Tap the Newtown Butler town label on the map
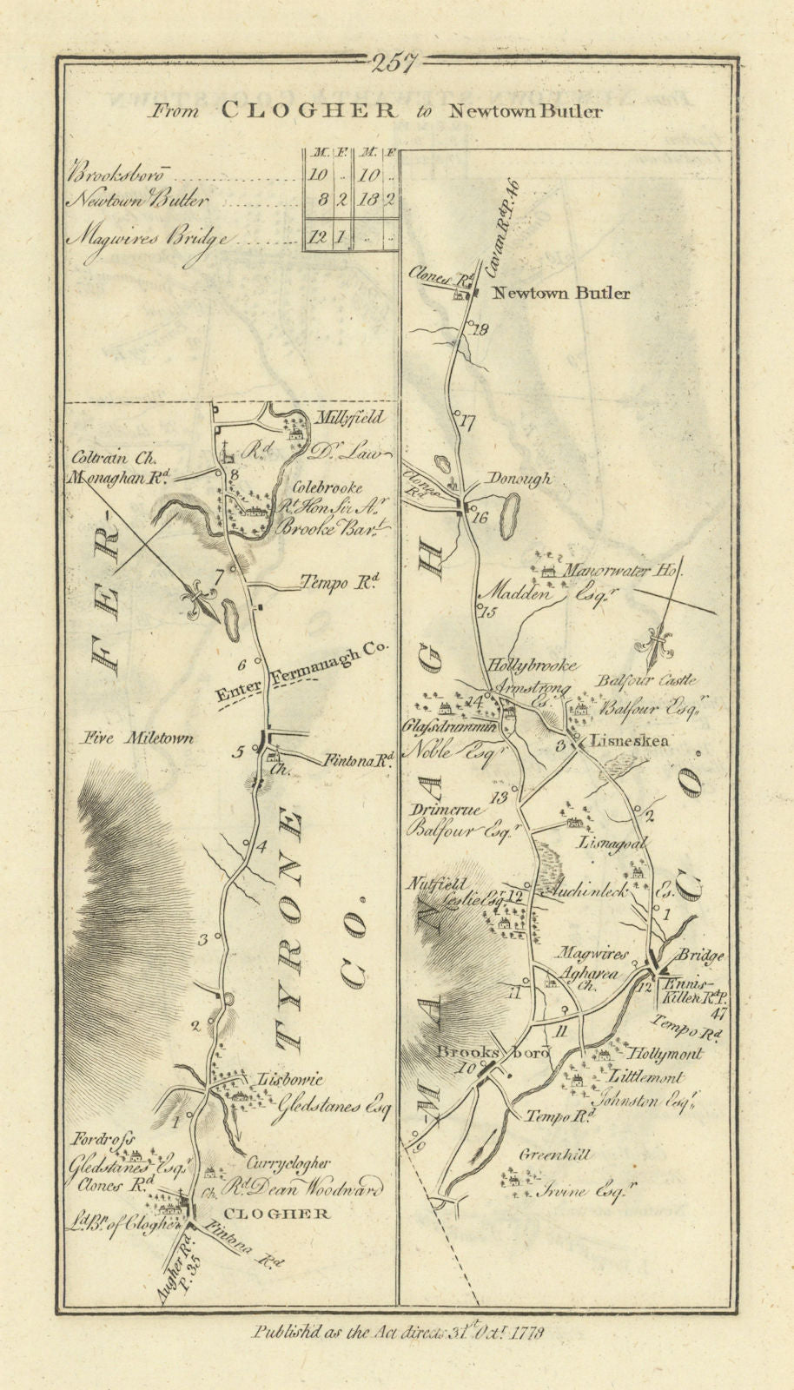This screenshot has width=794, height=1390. [x=561, y=294]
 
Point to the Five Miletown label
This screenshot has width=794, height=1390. [x=134, y=738]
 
